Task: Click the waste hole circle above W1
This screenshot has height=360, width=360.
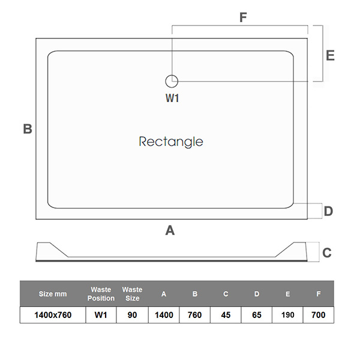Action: (172, 80)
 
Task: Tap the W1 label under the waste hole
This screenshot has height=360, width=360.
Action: (172, 98)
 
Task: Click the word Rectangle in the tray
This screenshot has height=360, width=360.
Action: (171, 142)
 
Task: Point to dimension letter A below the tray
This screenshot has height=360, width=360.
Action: (170, 230)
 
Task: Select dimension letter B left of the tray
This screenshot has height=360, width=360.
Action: (28, 128)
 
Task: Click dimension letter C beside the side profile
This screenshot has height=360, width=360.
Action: (326, 253)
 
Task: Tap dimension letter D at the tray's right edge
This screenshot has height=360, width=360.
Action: (328, 211)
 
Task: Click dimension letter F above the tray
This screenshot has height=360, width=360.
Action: (243, 17)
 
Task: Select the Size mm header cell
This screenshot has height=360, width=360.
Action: (53, 294)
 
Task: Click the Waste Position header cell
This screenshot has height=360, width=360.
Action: (101, 294)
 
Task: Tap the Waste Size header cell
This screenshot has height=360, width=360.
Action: (132, 294)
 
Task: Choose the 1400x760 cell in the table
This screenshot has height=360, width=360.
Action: (53, 315)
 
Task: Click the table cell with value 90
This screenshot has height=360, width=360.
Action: (132, 315)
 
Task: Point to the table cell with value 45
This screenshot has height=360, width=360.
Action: (226, 315)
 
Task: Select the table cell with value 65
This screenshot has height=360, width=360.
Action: (257, 315)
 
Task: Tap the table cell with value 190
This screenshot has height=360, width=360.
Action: (288, 315)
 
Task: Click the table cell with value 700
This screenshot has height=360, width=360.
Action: (319, 315)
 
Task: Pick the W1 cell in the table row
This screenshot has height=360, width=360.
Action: (101, 315)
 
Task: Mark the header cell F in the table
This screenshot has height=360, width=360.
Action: (319, 294)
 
